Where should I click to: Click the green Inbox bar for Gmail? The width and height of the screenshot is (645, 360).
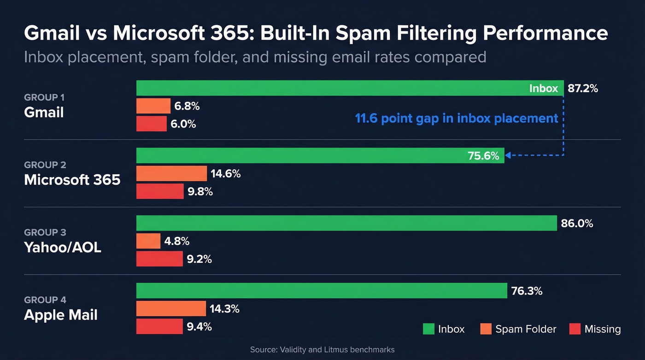[322, 88]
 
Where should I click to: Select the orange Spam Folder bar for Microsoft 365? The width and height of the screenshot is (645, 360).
[171, 174]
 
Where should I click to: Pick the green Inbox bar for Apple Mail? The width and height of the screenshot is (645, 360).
[322, 291]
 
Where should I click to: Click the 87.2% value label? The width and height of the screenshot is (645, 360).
[583, 89]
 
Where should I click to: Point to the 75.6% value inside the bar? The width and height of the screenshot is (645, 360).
[483, 156]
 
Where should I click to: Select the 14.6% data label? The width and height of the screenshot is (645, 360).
[226, 174]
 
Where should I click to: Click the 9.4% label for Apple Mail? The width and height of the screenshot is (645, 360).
[199, 327]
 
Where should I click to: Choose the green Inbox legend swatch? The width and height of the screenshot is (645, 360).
[428, 329]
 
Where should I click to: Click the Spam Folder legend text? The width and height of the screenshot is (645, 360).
[526, 329]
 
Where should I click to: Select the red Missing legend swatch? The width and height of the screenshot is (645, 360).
[575, 329]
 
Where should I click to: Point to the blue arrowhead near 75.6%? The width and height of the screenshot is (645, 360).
[509, 156]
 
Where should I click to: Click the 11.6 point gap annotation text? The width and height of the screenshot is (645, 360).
[457, 118]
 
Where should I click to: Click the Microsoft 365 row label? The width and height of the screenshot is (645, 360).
[72, 179]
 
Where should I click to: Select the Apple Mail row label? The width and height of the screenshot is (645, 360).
[61, 315]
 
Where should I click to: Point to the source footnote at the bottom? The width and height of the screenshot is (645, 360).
[322, 350]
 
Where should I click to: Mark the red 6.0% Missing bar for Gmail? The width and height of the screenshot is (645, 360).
[152, 124]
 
